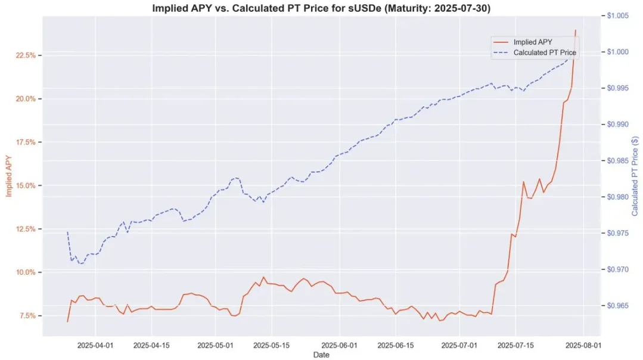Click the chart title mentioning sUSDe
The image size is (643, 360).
322,8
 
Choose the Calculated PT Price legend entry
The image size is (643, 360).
544,52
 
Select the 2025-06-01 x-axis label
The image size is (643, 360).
340,345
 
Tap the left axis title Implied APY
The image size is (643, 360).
9,173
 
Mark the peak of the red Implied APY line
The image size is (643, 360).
576,30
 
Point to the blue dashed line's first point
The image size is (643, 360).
67,231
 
